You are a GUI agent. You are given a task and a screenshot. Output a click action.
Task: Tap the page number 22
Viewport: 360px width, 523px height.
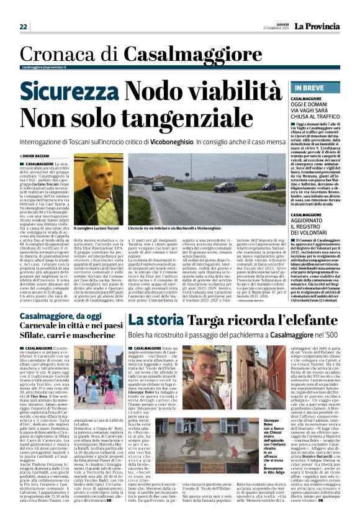point(23,27)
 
